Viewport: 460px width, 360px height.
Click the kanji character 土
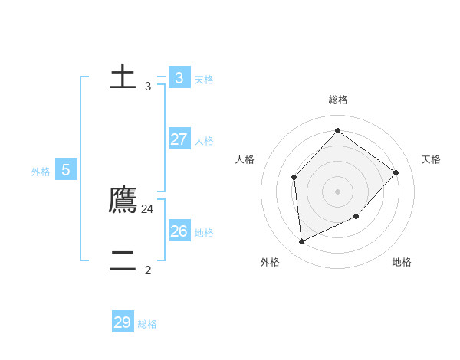tap(123, 77)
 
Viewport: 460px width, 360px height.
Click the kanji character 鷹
tap(123, 200)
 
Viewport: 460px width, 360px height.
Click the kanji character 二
tap(123, 261)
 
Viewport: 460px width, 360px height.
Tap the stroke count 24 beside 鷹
tap(148, 208)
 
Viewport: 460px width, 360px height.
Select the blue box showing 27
tap(179, 139)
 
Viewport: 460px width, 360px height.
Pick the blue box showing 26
tap(179, 231)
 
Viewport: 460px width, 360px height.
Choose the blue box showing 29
tap(123, 322)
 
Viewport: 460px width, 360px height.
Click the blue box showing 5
tap(66, 170)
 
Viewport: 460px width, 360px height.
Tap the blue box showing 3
tap(179, 78)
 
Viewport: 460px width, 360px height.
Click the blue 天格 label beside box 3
tap(204, 80)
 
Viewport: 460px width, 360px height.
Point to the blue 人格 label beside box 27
tap(204, 141)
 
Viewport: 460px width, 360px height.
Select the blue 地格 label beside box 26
tap(204, 233)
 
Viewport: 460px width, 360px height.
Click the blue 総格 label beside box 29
tap(147, 324)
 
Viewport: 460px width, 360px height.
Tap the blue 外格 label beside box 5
tap(41, 172)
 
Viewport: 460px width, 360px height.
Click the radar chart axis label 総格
tap(338, 100)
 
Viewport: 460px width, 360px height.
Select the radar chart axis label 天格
tap(431, 159)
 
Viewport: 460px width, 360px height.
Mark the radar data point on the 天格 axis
tap(396, 172)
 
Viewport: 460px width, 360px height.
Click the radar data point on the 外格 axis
tap(302, 241)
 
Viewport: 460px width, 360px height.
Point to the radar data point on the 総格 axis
tap(337, 130)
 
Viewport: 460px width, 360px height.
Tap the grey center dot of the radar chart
tap(337, 191)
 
